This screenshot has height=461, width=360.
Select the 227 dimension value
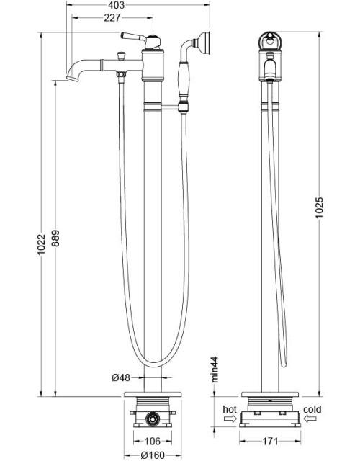coord(111,19)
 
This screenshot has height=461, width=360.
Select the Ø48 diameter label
coord(120,378)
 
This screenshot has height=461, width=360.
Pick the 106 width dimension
coord(151,442)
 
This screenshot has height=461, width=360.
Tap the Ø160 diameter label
coord(151,455)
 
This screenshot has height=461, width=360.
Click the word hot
coord(230,409)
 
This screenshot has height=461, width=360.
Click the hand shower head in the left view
coord(205,42)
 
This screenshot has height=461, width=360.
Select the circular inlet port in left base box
coord(151,418)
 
